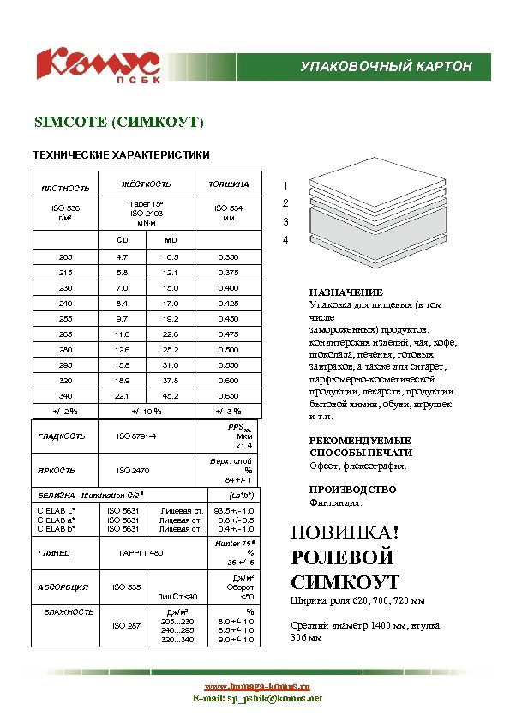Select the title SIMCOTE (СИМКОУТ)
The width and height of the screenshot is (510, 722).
point(118,123)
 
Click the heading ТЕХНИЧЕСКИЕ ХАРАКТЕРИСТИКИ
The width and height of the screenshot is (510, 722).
point(120,155)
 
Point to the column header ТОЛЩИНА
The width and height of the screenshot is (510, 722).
point(229,184)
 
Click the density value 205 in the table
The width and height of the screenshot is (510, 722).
point(66,257)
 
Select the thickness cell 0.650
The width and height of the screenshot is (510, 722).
point(229,396)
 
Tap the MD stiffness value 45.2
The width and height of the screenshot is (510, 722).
point(171,396)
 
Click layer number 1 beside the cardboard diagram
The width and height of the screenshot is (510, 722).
point(285,185)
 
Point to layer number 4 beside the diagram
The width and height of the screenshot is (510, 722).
point(285,240)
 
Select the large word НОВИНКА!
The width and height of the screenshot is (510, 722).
point(346,533)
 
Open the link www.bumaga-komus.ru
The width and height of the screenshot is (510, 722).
point(256,687)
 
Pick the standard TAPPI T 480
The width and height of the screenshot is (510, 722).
point(140,553)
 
